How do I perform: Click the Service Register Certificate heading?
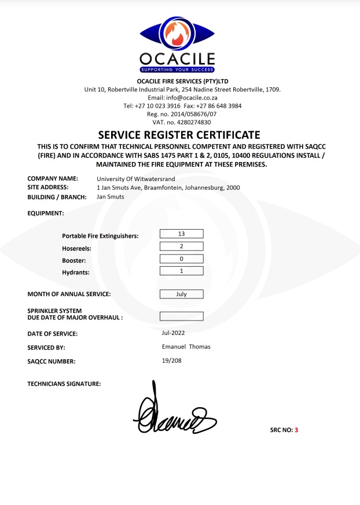(179, 135)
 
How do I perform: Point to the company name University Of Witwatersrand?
(135, 179)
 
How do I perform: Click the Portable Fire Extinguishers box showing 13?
(181, 234)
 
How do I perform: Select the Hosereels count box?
(181, 246)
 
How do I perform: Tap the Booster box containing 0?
(181, 259)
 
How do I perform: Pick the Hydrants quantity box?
(181, 271)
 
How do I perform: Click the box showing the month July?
(181, 294)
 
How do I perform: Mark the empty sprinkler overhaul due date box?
(181, 316)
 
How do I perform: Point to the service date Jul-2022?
(174, 333)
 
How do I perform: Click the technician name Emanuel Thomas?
(186, 347)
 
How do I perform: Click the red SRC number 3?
(296, 430)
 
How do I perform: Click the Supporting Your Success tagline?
(177, 69)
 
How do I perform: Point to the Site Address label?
(48, 187)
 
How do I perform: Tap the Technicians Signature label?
(64, 384)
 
